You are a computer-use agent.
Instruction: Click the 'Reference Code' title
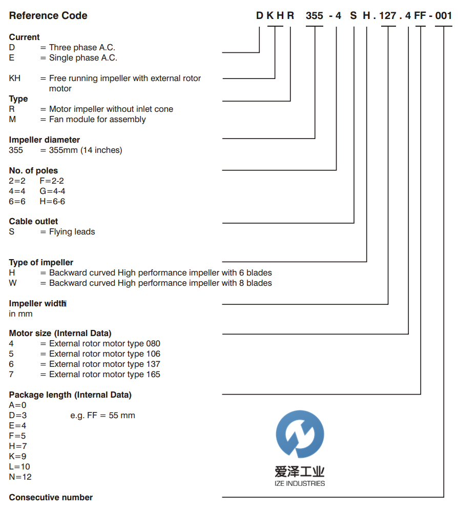(x=48, y=16)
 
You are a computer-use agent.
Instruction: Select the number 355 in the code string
(x=315, y=16)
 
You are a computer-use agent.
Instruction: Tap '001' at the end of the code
(x=444, y=16)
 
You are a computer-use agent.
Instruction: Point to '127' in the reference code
(x=388, y=16)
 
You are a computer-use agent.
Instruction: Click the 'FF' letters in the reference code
(x=421, y=16)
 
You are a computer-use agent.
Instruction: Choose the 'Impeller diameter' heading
(x=45, y=140)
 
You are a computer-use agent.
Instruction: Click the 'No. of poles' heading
(x=33, y=170)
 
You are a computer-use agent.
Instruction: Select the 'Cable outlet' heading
(x=33, y=221)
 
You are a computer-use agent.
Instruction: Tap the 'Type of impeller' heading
(x=41, y=262)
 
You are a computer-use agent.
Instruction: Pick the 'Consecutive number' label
(x=51, y=497)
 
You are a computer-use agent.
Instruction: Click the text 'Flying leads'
(x=72, y=231)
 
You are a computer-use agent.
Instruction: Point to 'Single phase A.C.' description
(x=83, y=57)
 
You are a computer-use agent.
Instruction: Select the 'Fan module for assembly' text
(x=97, y=119)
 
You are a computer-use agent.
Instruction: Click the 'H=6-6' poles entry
(x=52, y=201)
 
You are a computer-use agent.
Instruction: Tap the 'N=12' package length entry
(x=20, y=477)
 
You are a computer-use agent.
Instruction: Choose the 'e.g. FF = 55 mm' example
(x=102, y=415)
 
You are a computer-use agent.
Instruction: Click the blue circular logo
(x=300, y=434)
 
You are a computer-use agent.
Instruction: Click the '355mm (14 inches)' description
(x=86, y=150)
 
